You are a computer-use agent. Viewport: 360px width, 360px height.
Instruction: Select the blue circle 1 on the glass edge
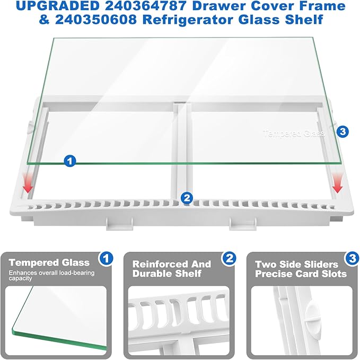(x=68, y=160)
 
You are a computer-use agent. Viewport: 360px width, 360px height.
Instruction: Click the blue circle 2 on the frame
(x=186, y=198)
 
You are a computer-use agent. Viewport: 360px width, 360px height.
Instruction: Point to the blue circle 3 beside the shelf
(x=343, y=130)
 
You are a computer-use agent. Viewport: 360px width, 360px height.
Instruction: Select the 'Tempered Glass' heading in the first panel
(x=49, y=262)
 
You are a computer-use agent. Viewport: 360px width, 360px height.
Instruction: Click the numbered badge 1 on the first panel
(x=107, y=259)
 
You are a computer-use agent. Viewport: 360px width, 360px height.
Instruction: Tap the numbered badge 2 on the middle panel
(x=229, y=259)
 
